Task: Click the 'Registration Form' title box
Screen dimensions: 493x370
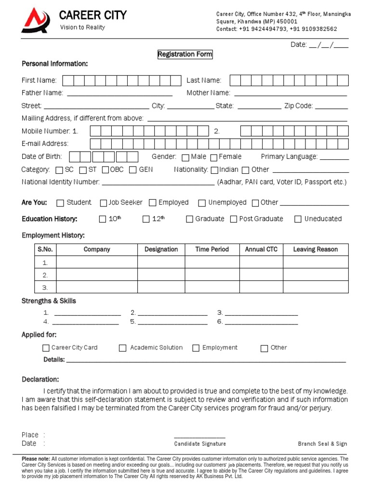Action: tap(185, 54)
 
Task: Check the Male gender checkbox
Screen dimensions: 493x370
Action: tap(185, 157)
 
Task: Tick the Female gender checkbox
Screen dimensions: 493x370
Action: tap(213, 157)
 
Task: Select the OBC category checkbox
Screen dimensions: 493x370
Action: tap(105, 170)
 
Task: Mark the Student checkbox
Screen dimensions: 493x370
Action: tap(60, 203)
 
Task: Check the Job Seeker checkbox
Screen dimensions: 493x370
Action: tap(103, 203)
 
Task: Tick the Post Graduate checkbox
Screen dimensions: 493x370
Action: tap(234, 220)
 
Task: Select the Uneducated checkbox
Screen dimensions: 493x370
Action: tap(298, 220)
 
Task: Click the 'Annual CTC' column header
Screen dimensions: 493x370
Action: tap(261, 249)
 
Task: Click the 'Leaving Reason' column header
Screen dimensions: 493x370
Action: tap(315, 249)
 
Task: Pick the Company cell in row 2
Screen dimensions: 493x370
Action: tap(97, 275)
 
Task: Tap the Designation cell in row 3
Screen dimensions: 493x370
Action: tap(161, 287)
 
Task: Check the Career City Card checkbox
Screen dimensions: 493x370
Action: tap(46, 348)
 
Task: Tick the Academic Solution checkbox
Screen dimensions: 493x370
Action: tap(123, 348)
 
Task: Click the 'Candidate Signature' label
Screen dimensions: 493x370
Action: tap(200, 444)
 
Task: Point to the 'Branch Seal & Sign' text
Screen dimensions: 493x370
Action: tap(322, 444)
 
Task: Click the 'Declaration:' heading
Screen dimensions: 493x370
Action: tap(40, 379)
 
